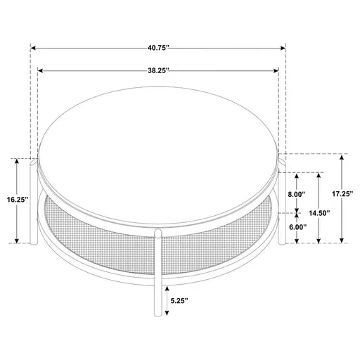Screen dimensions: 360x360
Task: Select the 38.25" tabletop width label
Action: pyautogui.click(x=158, y=71)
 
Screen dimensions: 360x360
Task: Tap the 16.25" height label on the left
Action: pyautogui.click(x=16, y=200)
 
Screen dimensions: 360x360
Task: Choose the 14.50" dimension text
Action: pyautogui.click(x=320, y=212)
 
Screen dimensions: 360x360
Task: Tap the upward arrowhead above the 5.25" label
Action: pyautogui.click(x=166, y=288)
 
